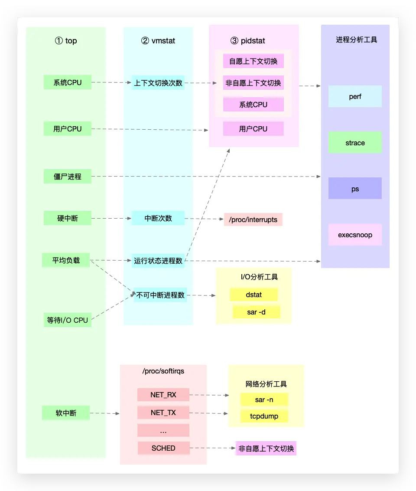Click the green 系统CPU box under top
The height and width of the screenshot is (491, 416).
tap(68, 82)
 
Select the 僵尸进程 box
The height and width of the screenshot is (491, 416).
tap(68, 177)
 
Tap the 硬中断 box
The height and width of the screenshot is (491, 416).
tap(68, 218)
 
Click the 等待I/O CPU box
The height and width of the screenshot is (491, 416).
tap(68, 320)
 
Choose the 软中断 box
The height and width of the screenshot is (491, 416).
tap(66, 413)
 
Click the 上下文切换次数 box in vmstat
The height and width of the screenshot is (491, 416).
tap(159, 82)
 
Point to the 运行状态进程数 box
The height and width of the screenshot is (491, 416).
tap(159, 261)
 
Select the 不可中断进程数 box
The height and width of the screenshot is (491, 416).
tap(160, 295)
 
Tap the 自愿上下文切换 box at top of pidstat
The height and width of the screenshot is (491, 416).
tap(253, 61)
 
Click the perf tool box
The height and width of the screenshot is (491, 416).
tap(355, 96)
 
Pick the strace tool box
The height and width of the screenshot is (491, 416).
tap(355, 143)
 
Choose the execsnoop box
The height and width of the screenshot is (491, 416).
tap(355, 235)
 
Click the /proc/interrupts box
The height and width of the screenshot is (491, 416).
tap(253, 219)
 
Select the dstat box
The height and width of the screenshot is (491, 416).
tap(253, 295)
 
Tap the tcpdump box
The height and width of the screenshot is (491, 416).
tap(264, 416)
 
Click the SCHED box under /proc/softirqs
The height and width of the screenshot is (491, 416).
tap(163, 448)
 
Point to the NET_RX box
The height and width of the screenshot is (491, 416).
tap(163, 395)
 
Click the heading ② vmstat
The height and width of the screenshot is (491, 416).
tap(158, 41)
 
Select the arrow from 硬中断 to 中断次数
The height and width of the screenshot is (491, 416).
tap(111, 218)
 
